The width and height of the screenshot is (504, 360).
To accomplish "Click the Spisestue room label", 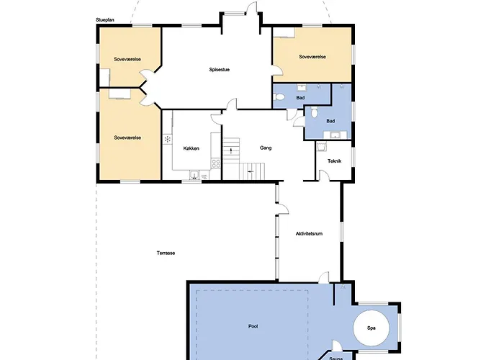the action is (219, 69).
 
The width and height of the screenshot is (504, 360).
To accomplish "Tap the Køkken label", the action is (192, 148).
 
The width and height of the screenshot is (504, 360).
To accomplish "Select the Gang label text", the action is (266, 148).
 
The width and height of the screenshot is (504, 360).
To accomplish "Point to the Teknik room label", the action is (334, 161).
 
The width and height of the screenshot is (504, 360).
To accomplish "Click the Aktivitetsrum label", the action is (309, 234).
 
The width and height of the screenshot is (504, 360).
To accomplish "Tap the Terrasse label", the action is (166, 253).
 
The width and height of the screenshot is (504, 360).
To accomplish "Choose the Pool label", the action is (253, 326).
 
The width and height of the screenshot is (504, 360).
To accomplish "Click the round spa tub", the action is (372, 328).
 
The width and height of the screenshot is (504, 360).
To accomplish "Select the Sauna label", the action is (336, 359).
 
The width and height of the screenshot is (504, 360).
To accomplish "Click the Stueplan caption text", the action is (105, 20).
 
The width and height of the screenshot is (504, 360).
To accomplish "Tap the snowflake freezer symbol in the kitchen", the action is (167, 139).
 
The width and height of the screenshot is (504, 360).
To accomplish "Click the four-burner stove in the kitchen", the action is (216, 163).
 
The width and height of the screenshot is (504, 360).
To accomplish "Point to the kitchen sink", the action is (194, 175).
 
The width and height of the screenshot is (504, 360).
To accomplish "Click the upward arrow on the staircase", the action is (231, 150).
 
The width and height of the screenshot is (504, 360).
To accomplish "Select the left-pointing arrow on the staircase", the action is (251, 172).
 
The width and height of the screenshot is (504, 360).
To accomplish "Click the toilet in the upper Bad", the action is (279, 96).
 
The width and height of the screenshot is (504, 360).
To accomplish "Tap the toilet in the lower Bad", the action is (314, 113).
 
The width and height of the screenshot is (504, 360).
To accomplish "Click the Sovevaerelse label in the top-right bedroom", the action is (312, 57).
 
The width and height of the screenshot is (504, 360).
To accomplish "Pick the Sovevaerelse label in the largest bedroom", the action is (127, 138).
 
